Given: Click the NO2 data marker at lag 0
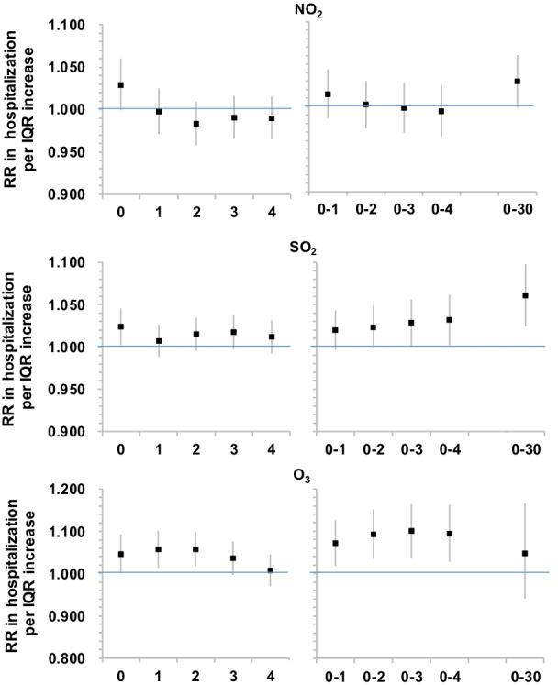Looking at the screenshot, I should click(x=121, y=85).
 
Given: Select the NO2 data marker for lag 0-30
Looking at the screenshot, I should click(x=518, y=81).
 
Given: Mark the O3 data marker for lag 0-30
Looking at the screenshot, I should click(x=525, y=554).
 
